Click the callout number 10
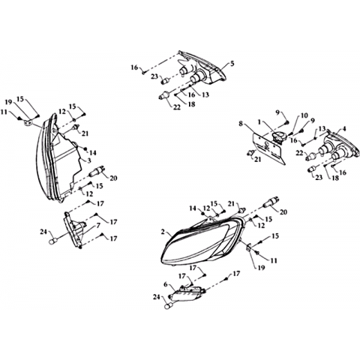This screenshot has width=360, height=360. (304, 115)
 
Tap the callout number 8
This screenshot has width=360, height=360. (241, 124)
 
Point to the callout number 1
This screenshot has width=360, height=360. (259, 122)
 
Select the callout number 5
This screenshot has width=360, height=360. (232, 64)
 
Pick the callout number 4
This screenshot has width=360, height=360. (344, 129)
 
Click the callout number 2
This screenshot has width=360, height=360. (163, 232)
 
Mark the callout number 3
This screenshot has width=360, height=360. (89, 160)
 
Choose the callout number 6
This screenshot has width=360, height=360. (165, 284)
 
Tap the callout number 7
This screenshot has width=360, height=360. (98, 226)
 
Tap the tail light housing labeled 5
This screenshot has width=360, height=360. (202, 67)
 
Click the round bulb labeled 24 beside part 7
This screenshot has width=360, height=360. (52, 241)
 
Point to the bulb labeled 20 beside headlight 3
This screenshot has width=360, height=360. (97, 171)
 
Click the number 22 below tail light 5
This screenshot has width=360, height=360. (177, 107)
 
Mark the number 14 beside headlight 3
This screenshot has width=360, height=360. (93, 152)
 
